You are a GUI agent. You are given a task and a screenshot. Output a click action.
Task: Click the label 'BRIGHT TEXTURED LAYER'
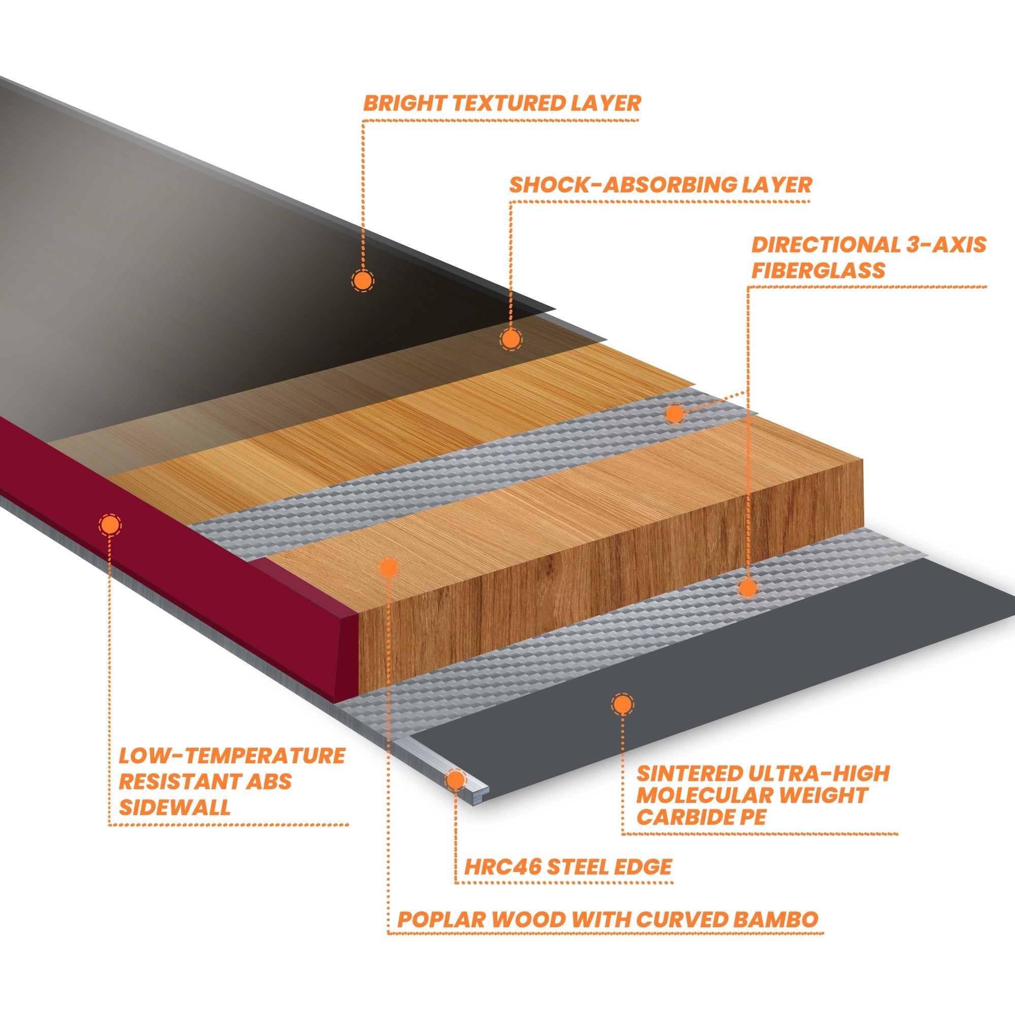[x=502, y=104]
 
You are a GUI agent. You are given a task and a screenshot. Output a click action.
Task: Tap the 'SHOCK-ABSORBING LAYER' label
[x=660, y=185]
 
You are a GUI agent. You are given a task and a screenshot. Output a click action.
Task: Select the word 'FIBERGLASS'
[x=818, y=270]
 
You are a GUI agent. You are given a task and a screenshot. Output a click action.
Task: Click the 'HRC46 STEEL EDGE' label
[x=567, y=866]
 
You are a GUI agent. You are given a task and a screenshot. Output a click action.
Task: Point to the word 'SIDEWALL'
[x=175, y=807]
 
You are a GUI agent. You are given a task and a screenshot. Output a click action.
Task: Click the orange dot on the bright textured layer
[x=362, y=281]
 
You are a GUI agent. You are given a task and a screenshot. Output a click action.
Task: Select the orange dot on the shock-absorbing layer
[x=510, y=340]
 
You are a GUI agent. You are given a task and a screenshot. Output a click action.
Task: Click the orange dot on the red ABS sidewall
[x=110, y=524]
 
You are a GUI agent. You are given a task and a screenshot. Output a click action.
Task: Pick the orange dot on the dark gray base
[x=623, y=704]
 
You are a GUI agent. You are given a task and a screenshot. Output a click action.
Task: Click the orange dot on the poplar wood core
[x=388, y=567]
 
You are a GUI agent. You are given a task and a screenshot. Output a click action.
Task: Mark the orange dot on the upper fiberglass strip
[x=675, y=414]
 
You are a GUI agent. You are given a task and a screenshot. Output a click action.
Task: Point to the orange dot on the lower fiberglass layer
[x=748, y=587]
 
